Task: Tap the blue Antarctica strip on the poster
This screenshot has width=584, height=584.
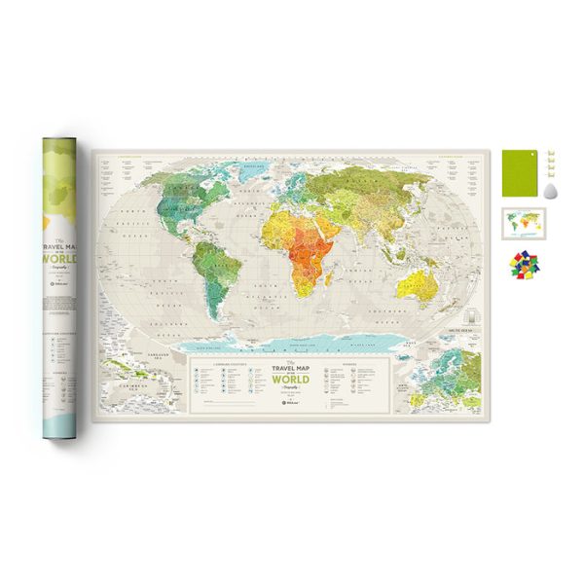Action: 292,340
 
